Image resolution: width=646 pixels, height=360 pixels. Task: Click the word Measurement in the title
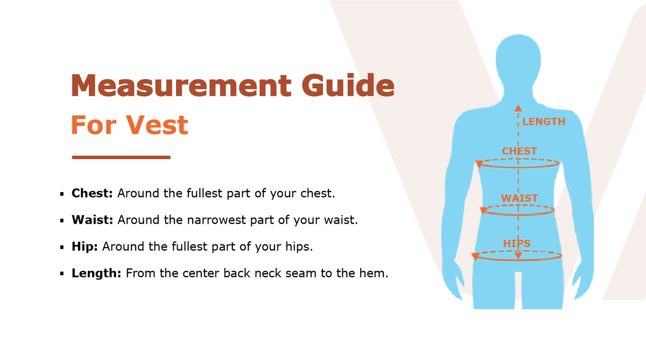181,85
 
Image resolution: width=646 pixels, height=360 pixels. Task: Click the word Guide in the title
348,85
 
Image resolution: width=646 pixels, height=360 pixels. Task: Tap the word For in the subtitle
94,125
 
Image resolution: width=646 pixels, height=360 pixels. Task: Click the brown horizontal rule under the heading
121,157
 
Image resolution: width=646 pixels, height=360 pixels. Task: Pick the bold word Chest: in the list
92,193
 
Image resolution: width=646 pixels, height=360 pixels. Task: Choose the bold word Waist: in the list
92,220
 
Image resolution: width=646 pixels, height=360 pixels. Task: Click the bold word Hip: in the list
85,246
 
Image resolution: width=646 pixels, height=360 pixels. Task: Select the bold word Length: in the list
96,273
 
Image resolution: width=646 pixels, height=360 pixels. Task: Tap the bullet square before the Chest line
62,194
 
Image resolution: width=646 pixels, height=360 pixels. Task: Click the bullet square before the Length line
62,274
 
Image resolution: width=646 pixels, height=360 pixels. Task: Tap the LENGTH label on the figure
544,122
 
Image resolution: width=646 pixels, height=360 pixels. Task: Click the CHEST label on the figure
519,151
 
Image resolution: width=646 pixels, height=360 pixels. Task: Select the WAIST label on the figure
519,199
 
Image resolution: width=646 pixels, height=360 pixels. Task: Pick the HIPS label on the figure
517,244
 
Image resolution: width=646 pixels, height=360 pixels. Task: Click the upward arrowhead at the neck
518,108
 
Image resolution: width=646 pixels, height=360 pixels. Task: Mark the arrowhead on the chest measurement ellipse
479,164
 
